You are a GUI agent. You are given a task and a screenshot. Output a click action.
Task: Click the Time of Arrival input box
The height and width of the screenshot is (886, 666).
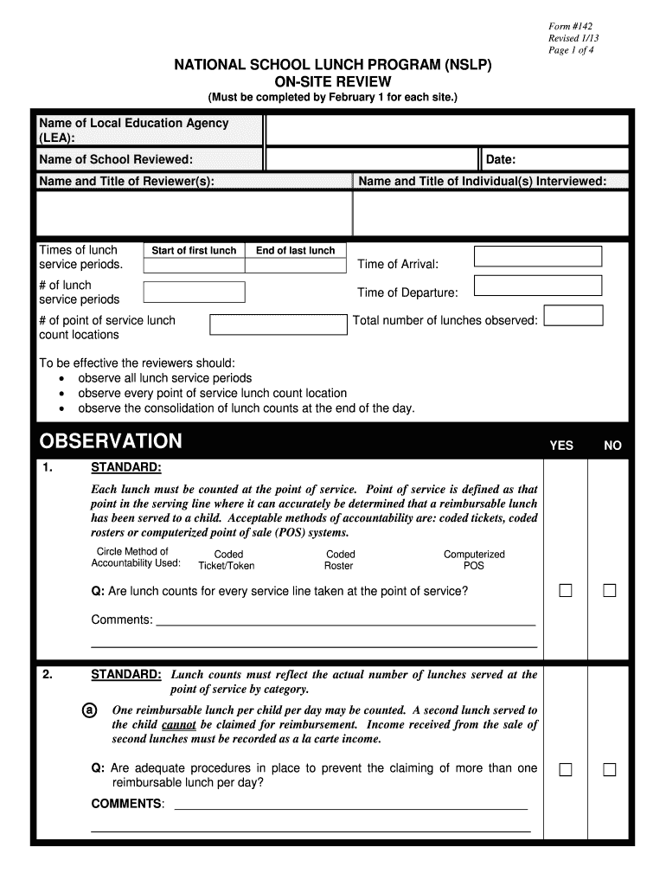[x=537, y=256]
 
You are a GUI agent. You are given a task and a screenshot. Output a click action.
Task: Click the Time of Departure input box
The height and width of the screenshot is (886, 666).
[x=537, y=286]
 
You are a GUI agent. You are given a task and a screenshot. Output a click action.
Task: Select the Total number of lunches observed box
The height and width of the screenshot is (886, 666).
[x=573, y=315]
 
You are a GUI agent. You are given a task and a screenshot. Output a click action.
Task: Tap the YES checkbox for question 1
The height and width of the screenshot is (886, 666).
[x=566, y=591]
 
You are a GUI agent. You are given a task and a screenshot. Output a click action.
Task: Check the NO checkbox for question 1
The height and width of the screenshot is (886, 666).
[x=610, y=591]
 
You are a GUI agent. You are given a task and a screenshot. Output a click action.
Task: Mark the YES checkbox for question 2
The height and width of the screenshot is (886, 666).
[x=566, y=769]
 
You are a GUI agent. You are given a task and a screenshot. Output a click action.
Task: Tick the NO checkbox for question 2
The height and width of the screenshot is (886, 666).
[x=610, y=769]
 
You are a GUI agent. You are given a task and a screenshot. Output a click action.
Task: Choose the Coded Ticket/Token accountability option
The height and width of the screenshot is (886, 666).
[x=227, y=560]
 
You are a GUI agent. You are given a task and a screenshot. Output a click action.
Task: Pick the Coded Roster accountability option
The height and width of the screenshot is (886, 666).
[x=340, y=560]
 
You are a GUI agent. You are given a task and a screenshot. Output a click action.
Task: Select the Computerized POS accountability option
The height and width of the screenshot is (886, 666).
[x=474, y=560]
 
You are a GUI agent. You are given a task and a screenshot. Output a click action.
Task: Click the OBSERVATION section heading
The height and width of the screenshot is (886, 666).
[x=111, y=441]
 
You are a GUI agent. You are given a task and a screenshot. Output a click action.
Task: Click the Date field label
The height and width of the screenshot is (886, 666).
[x=501, y=159]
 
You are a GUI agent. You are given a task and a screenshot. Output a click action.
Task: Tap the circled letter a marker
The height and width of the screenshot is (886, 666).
[x=88, y=710]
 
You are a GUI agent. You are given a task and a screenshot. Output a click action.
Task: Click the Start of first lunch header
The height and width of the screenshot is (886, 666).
[x=194, y=251]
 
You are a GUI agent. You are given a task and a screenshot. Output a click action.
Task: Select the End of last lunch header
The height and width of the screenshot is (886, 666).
[x=295, y=251]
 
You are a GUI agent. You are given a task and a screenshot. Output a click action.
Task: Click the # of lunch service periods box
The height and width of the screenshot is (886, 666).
[x=194, y=292]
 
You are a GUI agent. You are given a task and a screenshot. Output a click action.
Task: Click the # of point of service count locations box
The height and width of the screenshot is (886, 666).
[x=278, y=324]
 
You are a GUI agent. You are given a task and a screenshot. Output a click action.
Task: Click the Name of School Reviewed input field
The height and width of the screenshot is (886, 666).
[x=371, y=159]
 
